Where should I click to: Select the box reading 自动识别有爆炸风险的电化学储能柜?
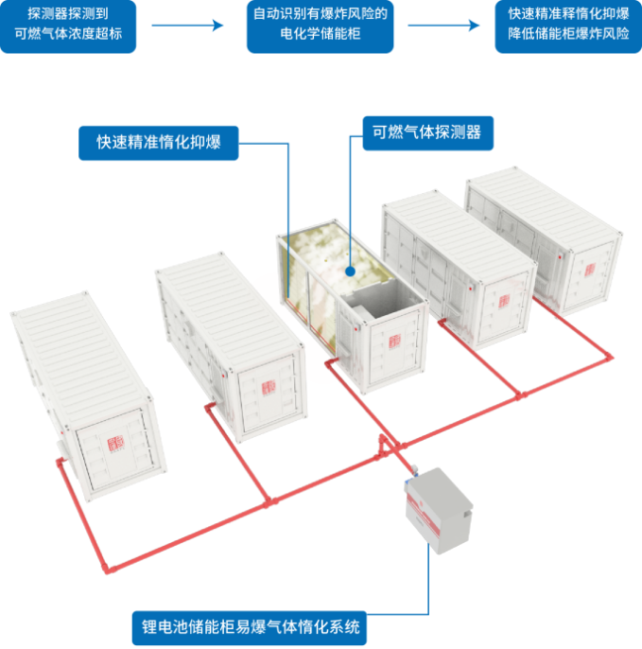pyautogui.click(x=320, y=26)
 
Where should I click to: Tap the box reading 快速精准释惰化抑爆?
pyautogui.click(x=567, y=26)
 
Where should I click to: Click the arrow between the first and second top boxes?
pyautogui.click(x=197, y=26)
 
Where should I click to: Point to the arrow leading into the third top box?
pyautogui.click(x=443, y=26)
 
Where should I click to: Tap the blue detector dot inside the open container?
pyautogui.click(x=350, y=270)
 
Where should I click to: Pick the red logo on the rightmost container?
pyautogui.click(x=590, y=271)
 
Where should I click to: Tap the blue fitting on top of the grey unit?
pyautogui.click(x=410, y=469)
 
